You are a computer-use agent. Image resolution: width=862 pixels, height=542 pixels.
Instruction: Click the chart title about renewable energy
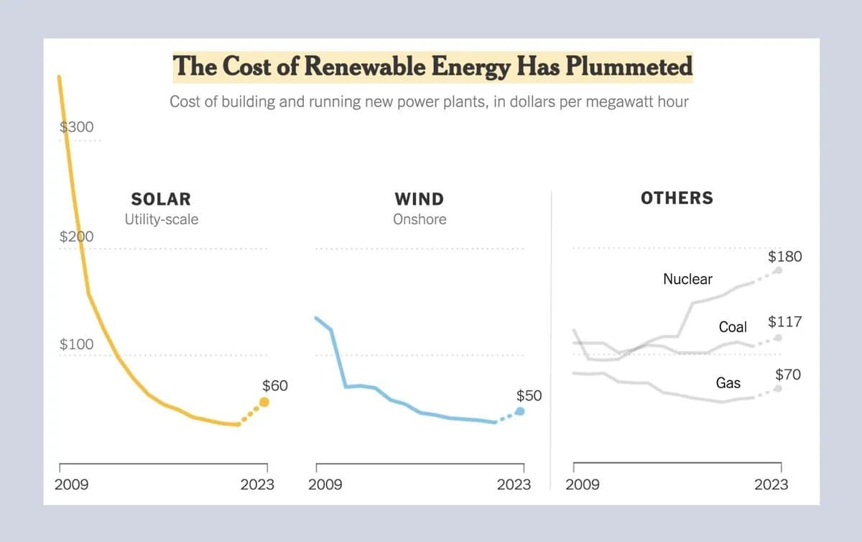(x=432, y=66)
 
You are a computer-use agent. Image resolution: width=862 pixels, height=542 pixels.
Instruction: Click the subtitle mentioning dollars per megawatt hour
(x=429, y=101)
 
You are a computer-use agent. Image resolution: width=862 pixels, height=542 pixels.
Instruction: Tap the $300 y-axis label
(x=76, y=127)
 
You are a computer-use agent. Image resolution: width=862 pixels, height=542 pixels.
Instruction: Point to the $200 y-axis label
(x=76, y=236)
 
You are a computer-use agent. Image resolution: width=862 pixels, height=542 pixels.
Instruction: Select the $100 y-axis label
(x=76, y=344)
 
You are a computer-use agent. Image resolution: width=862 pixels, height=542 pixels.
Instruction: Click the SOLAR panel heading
(x=161, y=198)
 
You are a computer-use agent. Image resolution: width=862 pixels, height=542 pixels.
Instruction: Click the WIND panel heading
(x=419, y=198)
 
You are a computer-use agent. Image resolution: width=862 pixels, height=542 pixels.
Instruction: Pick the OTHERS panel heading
(x=677, y=198)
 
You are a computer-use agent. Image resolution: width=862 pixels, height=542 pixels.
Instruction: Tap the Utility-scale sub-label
(x=161, y=219)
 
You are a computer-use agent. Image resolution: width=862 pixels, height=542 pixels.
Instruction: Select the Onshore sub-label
(x=419, y=219)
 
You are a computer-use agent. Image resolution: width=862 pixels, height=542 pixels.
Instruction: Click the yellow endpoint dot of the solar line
(x=264, y=403)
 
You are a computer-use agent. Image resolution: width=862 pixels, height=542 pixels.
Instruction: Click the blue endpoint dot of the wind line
(x=520, y=411)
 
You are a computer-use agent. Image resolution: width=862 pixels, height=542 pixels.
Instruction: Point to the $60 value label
(x=274, y=385)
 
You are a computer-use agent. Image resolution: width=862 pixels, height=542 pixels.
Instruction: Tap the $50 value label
(x=529, y=395)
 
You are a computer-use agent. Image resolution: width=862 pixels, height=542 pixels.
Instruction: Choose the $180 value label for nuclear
(x=784, y=257)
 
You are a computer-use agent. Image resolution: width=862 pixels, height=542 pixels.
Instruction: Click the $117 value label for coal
(x=784, y=321)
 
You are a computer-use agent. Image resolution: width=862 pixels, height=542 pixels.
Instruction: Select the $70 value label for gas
(x=788, y=375)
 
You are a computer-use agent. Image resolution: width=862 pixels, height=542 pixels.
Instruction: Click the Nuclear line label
(x=687, y=279)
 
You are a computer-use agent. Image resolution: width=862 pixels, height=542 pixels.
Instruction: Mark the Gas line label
(x=728, y=383)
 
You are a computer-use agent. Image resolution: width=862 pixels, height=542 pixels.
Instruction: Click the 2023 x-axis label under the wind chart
(x=514, y=484)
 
